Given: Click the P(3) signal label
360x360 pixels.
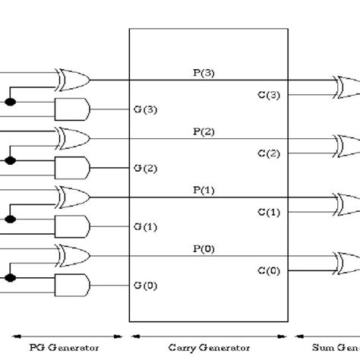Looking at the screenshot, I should pyautogui.click(x=204, y=73).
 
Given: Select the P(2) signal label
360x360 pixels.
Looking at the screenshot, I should pyautogui.click(x=204, y=131).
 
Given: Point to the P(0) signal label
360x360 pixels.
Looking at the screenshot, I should pyautogui.click(x=204, y=247).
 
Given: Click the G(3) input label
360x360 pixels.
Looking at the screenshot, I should pyautogui.click(x=146, y=109).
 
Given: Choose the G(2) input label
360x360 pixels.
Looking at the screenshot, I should pyautogui.click(x=146, y=167).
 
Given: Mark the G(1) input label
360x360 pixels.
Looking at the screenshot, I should pyautogui.click(x=146, y=226).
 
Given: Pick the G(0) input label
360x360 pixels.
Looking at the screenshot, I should pyautogui.click(x=146, y=285).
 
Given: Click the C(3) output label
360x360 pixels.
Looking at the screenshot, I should pyautogui.click(x=269, y=95).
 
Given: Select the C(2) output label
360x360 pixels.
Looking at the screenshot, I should pyautogui.click(x=269, y=153).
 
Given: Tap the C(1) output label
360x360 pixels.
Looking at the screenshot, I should pyautogui.click(x=269, y=211).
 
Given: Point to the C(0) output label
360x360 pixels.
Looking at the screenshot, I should pyautogui.click(x=269, y=269).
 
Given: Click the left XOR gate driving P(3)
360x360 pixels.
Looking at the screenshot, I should pyautogui.click(x=72, y=79).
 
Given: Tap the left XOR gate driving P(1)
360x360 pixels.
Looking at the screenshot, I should pyautogui.click(x=72, y=195).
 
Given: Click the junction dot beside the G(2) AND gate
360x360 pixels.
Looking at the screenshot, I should pyautogui.click(x=10, y=160).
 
